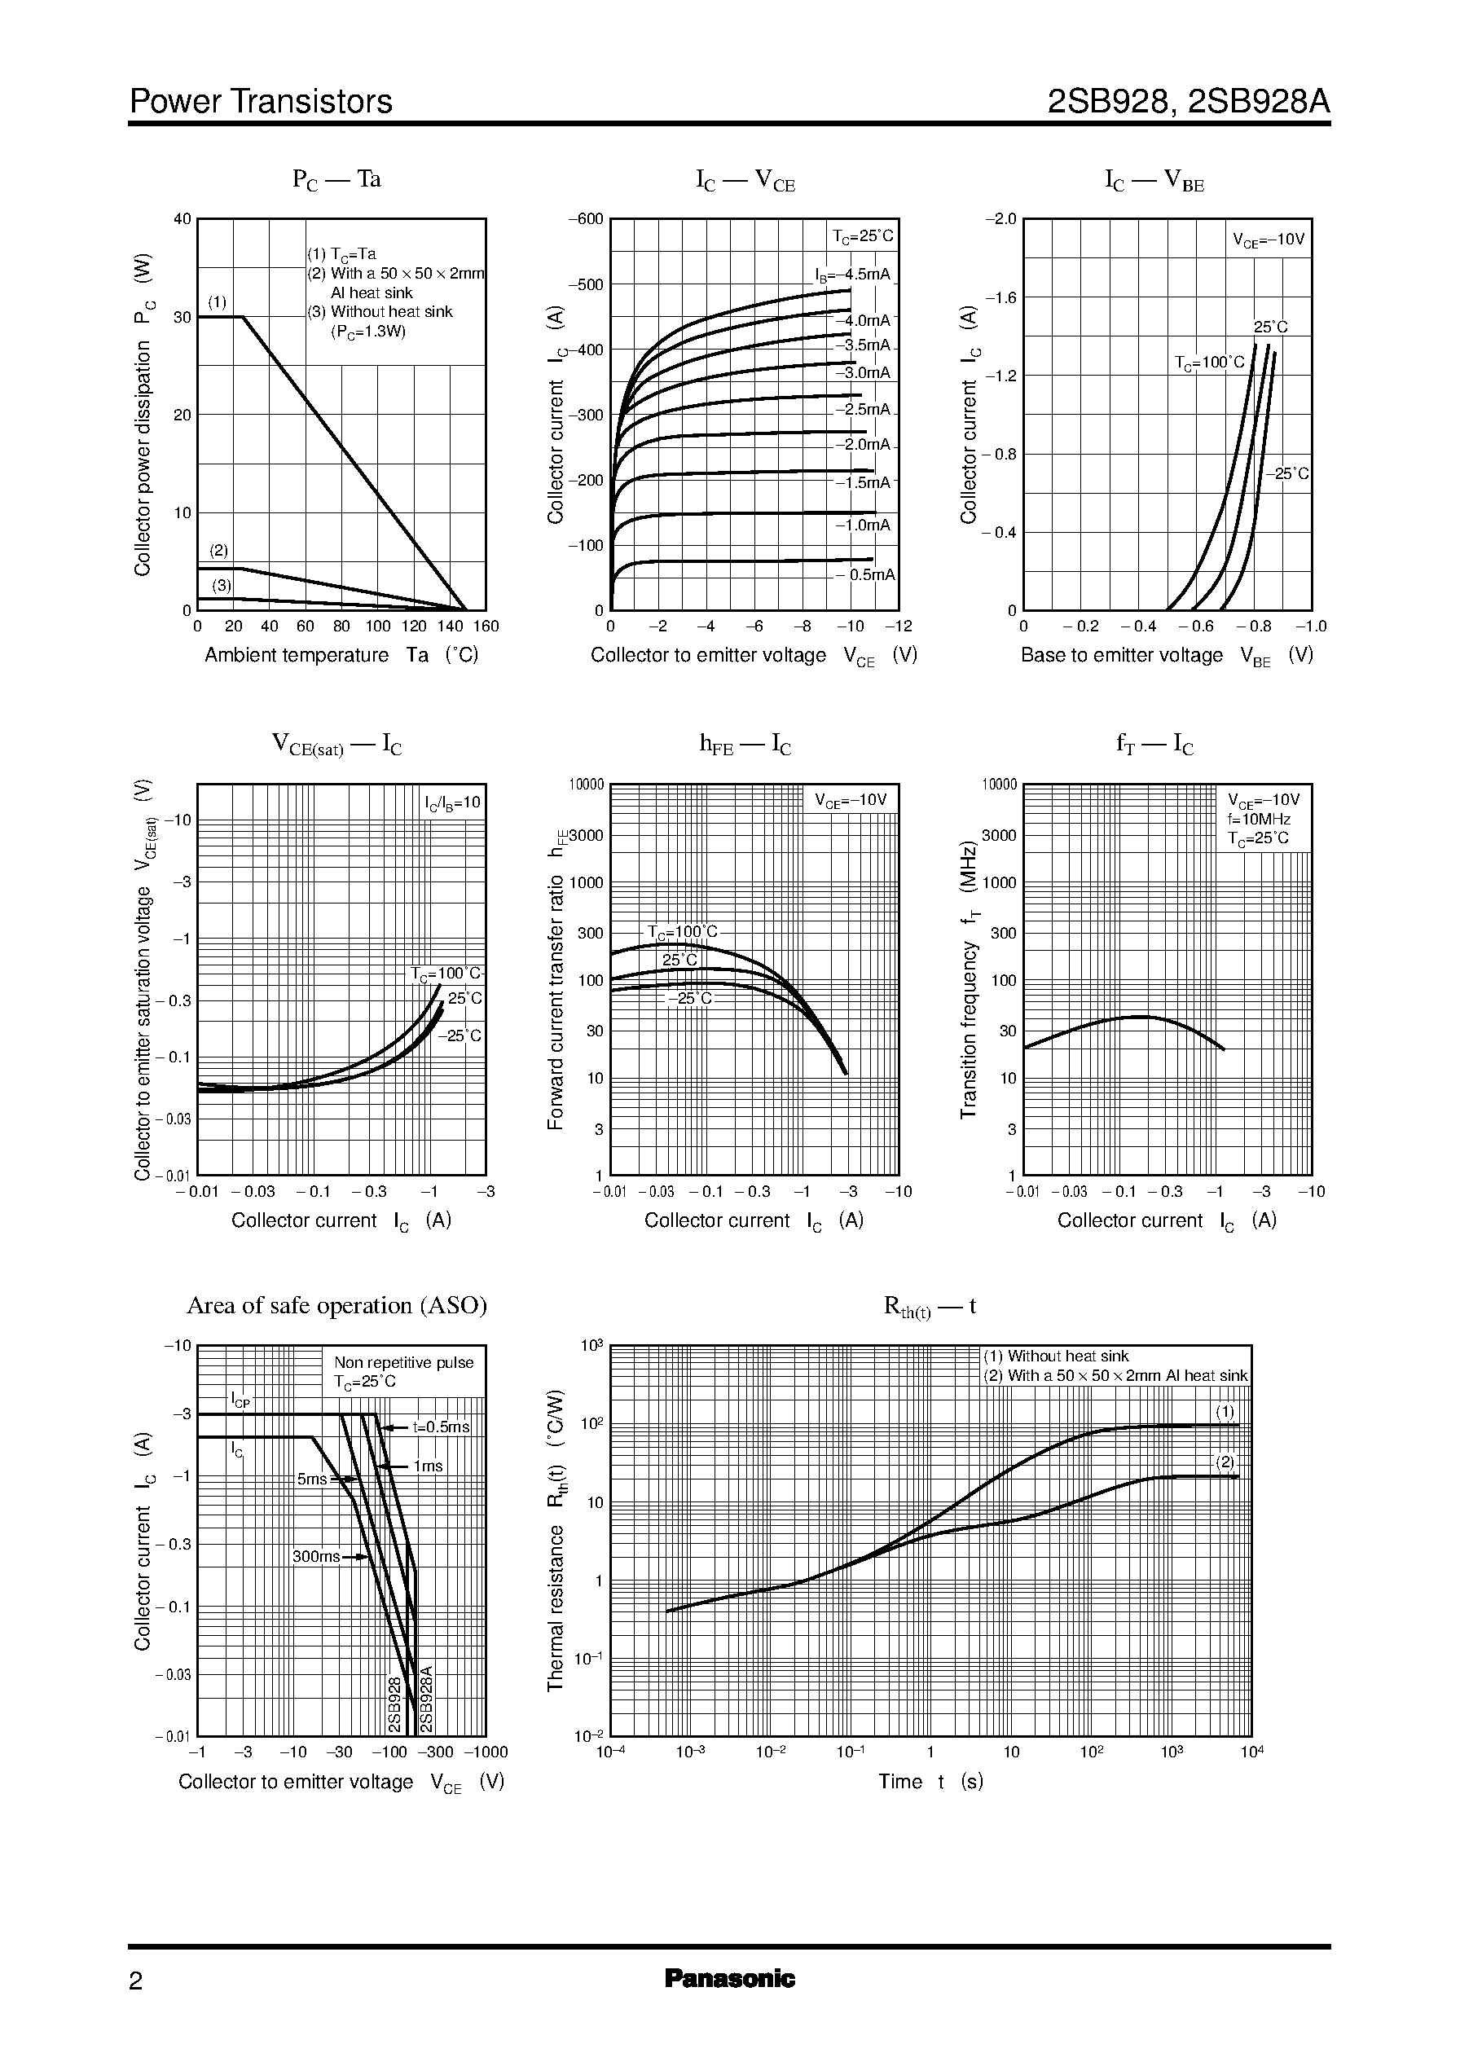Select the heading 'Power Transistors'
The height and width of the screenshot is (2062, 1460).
pos(261,102)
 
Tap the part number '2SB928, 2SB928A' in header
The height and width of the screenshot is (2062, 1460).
pos(1189,102)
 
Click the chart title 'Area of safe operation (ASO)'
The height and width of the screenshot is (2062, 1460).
pos(336,1305)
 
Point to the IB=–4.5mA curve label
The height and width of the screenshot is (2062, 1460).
pos(852,275)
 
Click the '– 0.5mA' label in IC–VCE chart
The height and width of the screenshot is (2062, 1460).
pos(866,575)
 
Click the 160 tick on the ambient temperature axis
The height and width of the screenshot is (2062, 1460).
pos(486,627)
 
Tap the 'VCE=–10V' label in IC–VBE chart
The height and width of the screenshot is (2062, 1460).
pos(1268,240)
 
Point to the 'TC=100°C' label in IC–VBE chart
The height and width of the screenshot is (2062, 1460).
pos(1209,363)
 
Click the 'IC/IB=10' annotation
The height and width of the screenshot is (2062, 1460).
pos(452,802)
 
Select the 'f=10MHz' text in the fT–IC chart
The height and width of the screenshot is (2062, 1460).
pos(1259,819)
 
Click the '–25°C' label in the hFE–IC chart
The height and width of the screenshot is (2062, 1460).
pos(689,999)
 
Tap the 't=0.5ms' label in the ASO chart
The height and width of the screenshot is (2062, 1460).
pos(441,1427)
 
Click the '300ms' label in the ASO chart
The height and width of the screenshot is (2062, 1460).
pos(316,1557)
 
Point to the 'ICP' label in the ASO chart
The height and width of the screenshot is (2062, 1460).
pos(240,1400)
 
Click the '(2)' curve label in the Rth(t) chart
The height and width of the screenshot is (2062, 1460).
pos(1225,1462)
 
